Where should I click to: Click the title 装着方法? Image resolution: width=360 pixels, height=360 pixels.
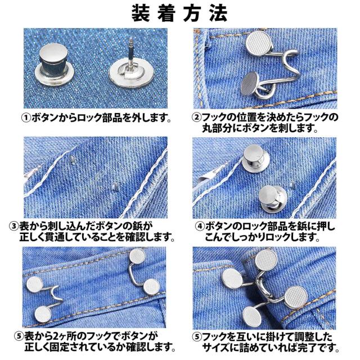pyautogui.click(x=179, y=13)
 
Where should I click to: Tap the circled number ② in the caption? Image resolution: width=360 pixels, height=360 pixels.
pyautogui.click(x=196, y=118)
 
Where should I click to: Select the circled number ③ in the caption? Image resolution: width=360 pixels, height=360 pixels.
pyautogui.click(x=13, y=226)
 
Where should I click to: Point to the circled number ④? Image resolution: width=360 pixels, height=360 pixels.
pyautogui.click(x=200, y=226)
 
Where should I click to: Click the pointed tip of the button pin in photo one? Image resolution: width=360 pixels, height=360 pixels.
pyautogui.click(x=130, y=38)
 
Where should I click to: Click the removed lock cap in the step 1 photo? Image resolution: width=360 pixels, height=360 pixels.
pyautogui.click(x=55, y=64)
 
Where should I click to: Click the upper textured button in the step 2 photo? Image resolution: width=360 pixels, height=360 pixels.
pyautogui.click(x=259, y=44)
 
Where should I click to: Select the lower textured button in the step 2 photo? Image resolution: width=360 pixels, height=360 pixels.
pyautogui.click(x=250, y=83)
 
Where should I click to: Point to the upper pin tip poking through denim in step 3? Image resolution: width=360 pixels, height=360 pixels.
pyautogui.click(x=72, y=159)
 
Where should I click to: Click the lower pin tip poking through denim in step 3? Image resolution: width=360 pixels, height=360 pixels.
pyautogui.click(x=115, y=186)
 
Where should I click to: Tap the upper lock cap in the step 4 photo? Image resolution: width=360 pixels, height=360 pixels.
pyautogui.click(x=255, y=159)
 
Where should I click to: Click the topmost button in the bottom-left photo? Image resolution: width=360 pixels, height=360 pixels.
pyautogui.click(x=137, y=256)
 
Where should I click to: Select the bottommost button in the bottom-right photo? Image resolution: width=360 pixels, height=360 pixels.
pyautogui.click(x=252, y=318)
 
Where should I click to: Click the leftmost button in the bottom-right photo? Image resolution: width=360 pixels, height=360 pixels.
pyautogui.click(x=232, y=278)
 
